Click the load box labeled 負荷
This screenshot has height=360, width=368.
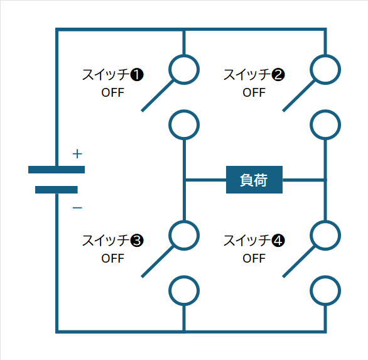click(x=254, y=180)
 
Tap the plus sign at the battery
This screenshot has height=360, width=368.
click(x=77, y=154)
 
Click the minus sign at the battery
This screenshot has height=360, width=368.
click(x=77, y=207)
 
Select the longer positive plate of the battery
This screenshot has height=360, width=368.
click(x=57, y=170)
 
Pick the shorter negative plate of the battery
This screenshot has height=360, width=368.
click(x=57, y=190)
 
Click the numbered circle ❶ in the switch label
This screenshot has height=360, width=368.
click(x=137, y=75)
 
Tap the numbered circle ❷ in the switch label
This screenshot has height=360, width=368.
click(x=278, y=75)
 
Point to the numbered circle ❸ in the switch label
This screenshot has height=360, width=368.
click(x=137, y=241)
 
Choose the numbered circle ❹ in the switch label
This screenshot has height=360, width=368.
click(x=278, y=241)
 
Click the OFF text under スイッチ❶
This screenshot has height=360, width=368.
click(x=112, y=92)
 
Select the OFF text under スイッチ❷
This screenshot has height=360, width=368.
click(x=254, y=92)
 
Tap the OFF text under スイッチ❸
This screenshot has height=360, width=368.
click(x=112, y=258)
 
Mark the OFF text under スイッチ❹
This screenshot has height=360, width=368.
click(x=254, y=258)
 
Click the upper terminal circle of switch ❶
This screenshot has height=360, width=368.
click(x=184, y=55)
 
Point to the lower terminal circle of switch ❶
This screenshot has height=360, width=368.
click(x=184, y=110)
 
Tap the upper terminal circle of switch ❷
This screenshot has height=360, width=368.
click(x=325, y=55)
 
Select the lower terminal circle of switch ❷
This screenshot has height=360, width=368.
click(x=325, y=110)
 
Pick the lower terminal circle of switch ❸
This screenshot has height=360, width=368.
click(x=184, y=276)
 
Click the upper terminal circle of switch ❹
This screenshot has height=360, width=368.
click(x=325, y=221)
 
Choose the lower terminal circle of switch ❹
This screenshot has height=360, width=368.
click(x=325, y=276)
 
